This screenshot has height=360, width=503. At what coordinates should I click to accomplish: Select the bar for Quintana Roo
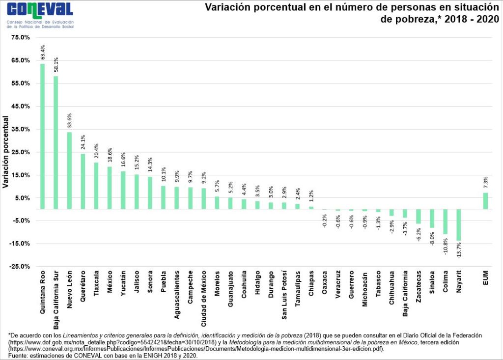43,137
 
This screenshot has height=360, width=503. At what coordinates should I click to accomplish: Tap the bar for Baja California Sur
56,142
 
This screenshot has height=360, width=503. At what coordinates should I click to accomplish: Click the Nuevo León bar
69,170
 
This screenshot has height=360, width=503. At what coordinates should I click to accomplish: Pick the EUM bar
485,201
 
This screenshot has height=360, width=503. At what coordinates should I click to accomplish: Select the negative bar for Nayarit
458,225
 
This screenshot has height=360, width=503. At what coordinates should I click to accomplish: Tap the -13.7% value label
458,250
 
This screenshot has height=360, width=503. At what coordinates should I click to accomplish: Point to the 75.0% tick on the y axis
20,37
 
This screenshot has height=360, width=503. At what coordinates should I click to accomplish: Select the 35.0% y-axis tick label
20,129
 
